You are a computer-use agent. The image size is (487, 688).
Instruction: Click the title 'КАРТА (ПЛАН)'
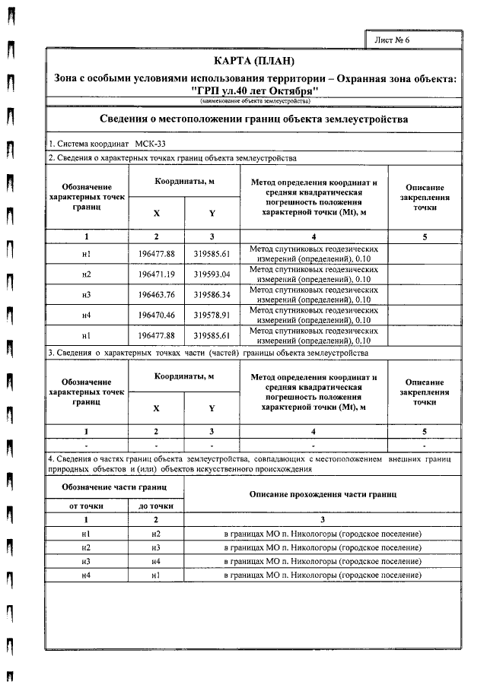[x=255, y=61]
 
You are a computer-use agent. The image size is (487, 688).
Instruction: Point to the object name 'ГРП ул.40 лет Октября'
[x=255, y=91]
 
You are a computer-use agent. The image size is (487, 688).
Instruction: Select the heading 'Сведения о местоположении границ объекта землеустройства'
[x=255, y=119]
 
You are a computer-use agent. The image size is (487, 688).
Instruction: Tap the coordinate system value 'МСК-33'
[x=155, y=144]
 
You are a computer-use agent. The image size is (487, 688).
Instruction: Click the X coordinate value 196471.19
[x=156, y=274]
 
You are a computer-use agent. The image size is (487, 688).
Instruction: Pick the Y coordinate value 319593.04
[x=212, y=274]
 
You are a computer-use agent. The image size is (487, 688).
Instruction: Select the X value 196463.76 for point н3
[x=156, y=293]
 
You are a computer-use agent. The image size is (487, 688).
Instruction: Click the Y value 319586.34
[x=212, y=293]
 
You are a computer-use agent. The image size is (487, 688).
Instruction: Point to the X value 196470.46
[x=156, y=313]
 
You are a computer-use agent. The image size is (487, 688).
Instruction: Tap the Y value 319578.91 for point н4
[x=212, y=313]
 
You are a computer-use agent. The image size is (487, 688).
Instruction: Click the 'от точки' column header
[x=86, y=506]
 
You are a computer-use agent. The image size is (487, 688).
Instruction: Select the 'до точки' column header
[x=156, y=506]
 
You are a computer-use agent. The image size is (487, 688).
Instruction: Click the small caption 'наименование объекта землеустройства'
[x=255, y=101]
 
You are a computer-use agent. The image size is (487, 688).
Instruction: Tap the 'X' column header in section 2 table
[x=156, y=214]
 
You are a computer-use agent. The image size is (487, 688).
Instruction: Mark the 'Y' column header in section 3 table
[x=212, y=408]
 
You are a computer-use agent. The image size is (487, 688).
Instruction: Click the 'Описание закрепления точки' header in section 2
[x=425, y=197]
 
